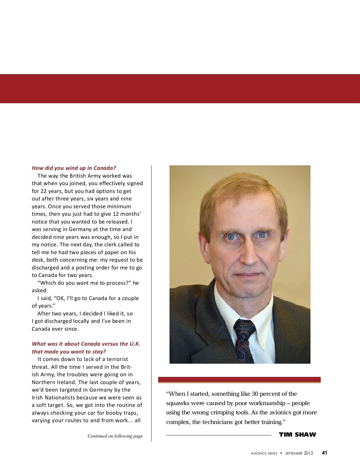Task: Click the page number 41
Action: (324, 453)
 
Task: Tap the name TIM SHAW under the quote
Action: (297, 434)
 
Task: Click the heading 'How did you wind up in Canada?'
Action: (74, 168)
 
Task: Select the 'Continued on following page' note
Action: (115, 436)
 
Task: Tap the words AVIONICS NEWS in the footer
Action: (264, 453)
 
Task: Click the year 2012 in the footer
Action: (308, 453)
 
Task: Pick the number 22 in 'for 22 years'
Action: (44, 191)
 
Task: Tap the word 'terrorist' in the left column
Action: (117, 359)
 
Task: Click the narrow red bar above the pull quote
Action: (239, 380)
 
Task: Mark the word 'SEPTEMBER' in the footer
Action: (293, 453)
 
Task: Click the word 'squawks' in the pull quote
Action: (177, 403)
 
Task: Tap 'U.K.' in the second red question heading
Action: (135, 344)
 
